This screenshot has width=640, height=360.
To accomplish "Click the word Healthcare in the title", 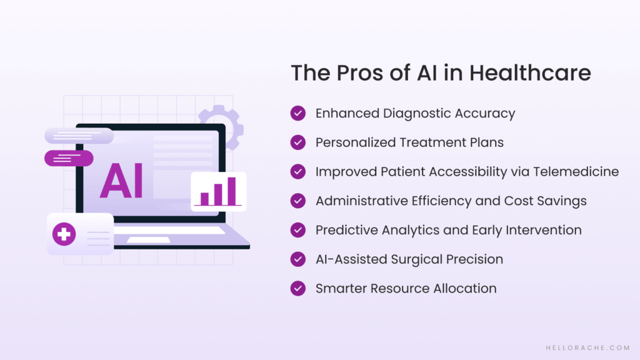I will click(530, 73).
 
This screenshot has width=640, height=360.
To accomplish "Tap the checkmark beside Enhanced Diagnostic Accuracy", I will click(298, 113).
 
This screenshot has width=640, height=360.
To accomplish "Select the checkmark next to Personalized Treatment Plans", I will click(298, 142).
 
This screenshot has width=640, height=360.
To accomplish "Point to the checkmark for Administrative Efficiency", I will click(298, 201).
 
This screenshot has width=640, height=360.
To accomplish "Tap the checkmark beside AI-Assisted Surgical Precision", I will click(298, 259).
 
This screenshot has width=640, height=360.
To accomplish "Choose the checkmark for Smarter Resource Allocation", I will click(298, 288).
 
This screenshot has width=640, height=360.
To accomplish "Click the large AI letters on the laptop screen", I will click(121, 181).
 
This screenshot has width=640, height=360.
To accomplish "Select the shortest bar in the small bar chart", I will click(204, 198).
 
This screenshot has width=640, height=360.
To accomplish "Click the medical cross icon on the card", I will click(64, 235).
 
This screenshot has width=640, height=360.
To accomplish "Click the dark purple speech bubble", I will click(69, 158).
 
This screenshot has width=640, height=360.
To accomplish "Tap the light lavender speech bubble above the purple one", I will click(79, 136).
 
